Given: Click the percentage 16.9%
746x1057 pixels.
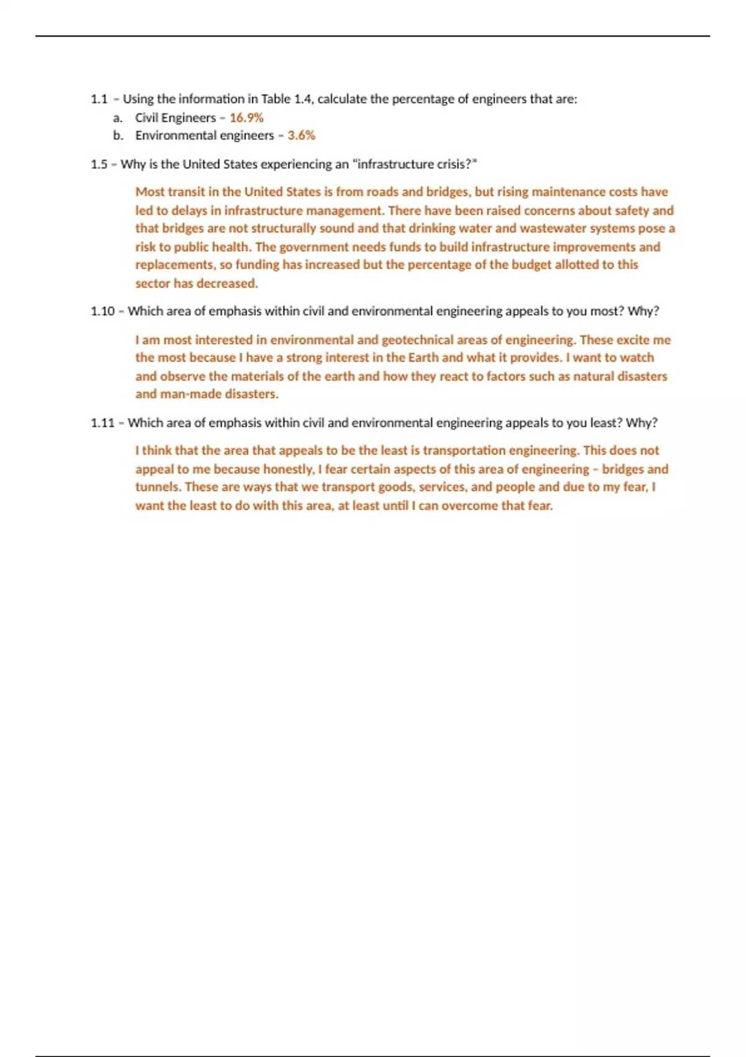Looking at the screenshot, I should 246,118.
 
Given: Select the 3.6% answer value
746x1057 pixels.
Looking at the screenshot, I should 301,135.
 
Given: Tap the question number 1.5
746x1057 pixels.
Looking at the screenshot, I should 99,164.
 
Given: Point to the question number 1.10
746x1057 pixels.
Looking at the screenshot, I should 103,311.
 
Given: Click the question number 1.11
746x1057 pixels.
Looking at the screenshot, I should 103,423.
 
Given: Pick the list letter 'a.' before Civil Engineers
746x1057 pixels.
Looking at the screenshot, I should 118,118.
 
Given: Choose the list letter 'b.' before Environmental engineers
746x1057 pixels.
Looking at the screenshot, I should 118,135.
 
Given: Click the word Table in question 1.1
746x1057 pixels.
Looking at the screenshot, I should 275,99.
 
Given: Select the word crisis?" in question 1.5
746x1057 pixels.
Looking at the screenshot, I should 456,164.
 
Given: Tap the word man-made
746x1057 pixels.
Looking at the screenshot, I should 190,394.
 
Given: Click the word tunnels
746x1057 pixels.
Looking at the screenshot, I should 157,487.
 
